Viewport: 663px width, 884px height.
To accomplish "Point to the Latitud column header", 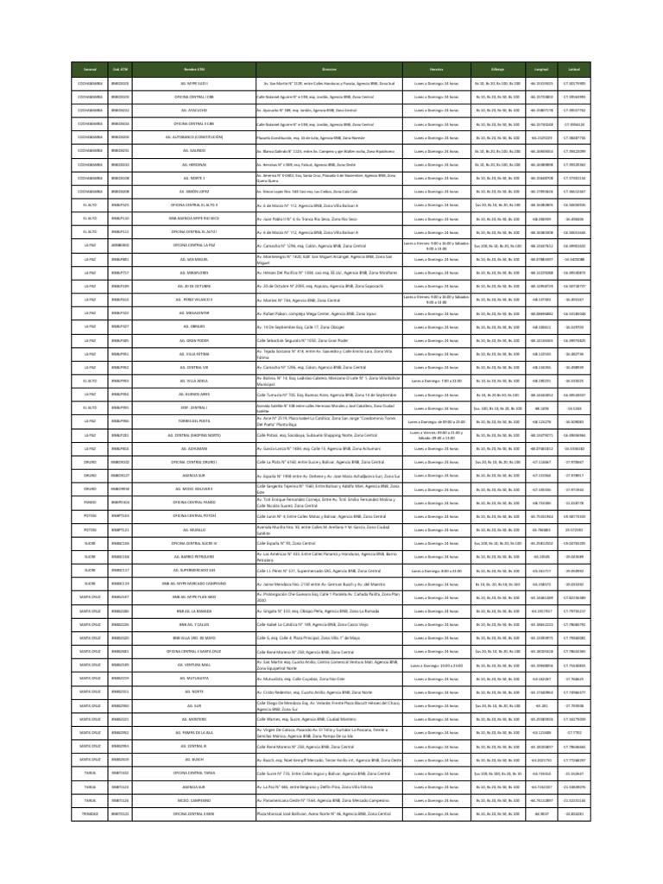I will (x=573, y=68).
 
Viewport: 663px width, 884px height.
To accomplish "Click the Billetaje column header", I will (x=498, y=68).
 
